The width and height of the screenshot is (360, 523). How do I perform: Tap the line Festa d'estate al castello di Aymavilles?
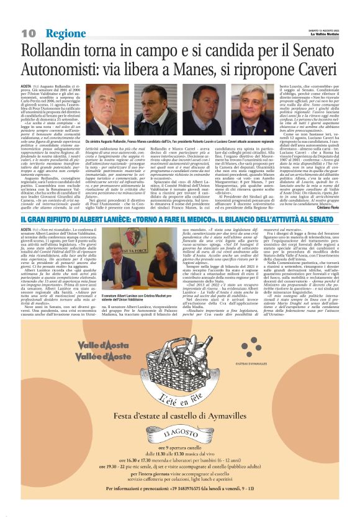click(180, 418)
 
